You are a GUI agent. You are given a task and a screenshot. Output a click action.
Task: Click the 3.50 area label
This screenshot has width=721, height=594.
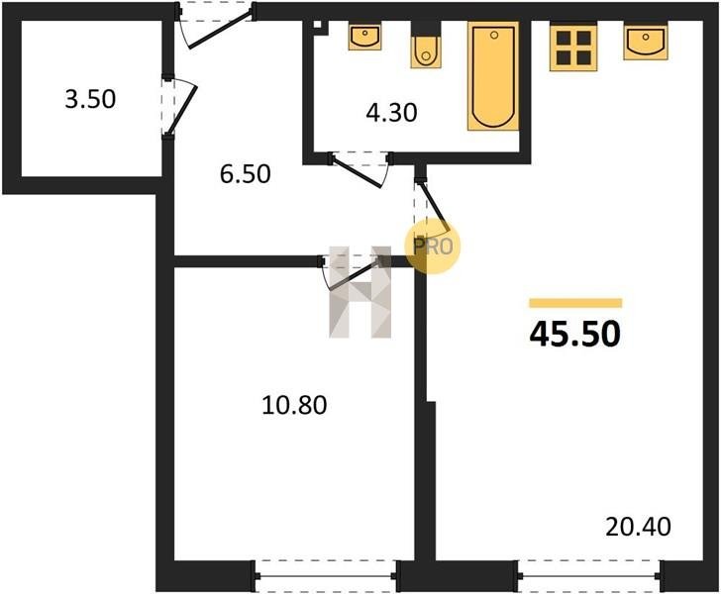[x=90, y=99]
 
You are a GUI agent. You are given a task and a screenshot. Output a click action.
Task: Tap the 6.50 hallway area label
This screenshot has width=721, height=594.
[x=245, y=174]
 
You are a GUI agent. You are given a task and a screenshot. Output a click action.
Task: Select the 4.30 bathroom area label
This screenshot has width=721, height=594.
[x=391, y=113]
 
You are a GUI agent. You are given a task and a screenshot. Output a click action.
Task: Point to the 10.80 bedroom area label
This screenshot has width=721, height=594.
[x=294, y=406]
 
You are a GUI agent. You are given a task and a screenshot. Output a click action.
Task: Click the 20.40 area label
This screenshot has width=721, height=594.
[x=638, y=527]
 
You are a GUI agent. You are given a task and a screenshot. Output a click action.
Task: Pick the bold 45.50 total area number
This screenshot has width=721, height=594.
[x=574, y=335]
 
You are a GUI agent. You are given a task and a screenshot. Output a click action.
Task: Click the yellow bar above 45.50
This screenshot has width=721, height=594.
[x=575, y=303]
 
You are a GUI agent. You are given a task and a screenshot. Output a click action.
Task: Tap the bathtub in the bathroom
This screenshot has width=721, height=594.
[x=493, y=76]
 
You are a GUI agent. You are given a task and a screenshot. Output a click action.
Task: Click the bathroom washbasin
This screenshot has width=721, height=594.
[x=364, y=37]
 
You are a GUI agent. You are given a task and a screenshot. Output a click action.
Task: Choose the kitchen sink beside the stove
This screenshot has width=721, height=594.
[x=646, y=43]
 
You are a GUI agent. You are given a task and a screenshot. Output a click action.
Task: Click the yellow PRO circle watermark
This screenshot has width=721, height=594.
[x=432, y=247]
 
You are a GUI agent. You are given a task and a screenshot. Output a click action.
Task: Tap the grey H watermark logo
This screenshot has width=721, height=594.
[x=360, y=292]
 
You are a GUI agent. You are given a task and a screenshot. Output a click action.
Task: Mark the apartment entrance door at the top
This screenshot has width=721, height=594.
[x=216, y=24]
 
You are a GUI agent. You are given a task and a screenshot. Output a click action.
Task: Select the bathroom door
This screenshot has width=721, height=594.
[x=360, y=168]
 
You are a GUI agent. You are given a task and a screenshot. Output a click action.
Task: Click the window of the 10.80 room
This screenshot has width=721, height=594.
[x=326, y=575]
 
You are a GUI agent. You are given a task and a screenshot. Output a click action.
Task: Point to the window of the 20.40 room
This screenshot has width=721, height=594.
[x=590, y=575]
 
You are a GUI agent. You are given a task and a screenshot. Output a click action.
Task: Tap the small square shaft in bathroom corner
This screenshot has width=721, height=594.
[x=318, y=26]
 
